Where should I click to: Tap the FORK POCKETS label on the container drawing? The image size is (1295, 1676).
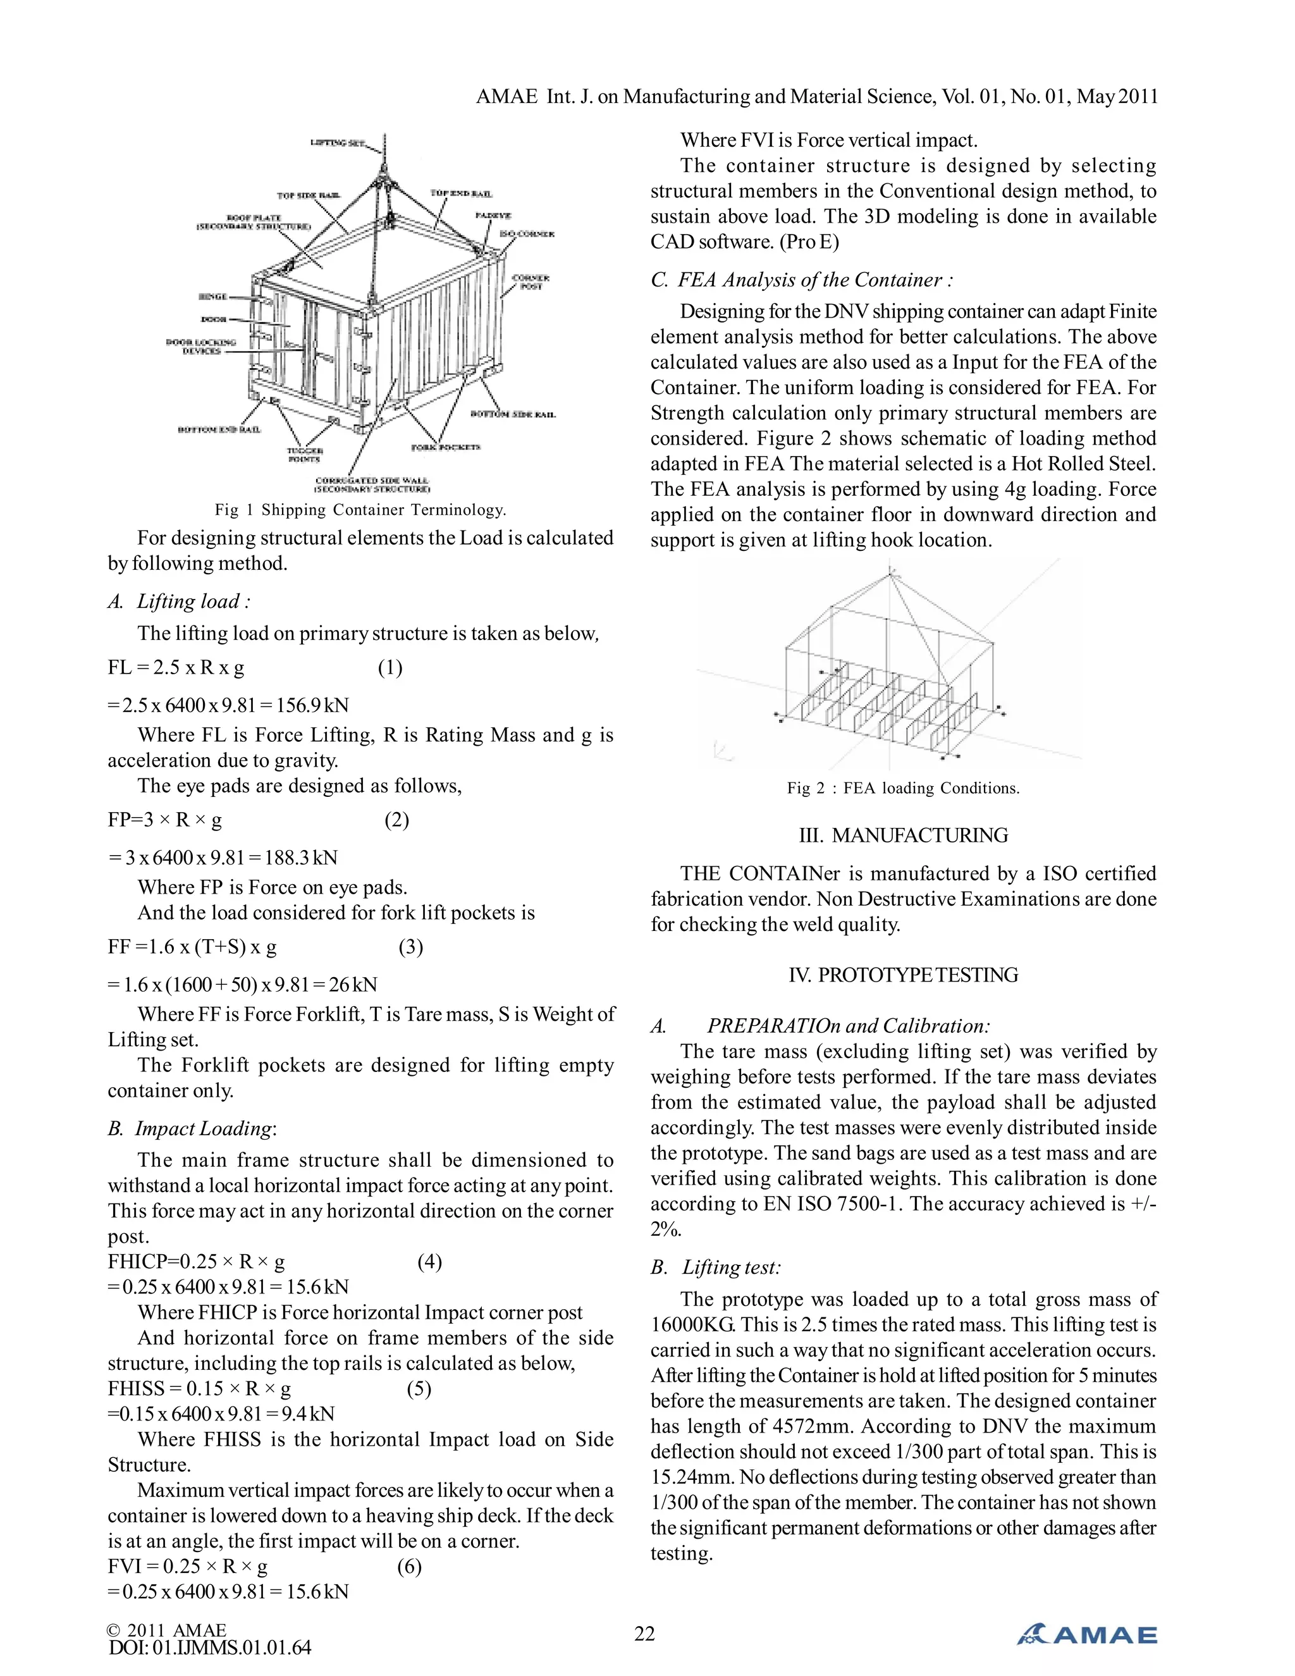446,447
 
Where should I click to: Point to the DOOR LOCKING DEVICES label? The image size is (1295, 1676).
201,346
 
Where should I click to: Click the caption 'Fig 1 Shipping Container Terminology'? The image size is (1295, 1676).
360,510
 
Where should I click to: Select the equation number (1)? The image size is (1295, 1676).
390,668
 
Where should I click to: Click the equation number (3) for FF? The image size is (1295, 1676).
410,947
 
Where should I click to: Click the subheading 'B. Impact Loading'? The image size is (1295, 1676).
192,1129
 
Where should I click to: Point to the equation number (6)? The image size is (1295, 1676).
409,1567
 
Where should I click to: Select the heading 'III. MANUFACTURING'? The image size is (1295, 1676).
903,835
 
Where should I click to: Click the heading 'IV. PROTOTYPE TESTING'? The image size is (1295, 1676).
903,975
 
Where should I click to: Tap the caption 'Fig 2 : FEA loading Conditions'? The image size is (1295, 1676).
903,788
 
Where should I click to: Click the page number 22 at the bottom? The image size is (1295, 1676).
644,1633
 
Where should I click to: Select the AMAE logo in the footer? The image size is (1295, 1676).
1087,1634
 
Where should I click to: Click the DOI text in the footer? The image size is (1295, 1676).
209,1648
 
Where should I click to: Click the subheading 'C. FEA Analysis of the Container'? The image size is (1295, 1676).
802,280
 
